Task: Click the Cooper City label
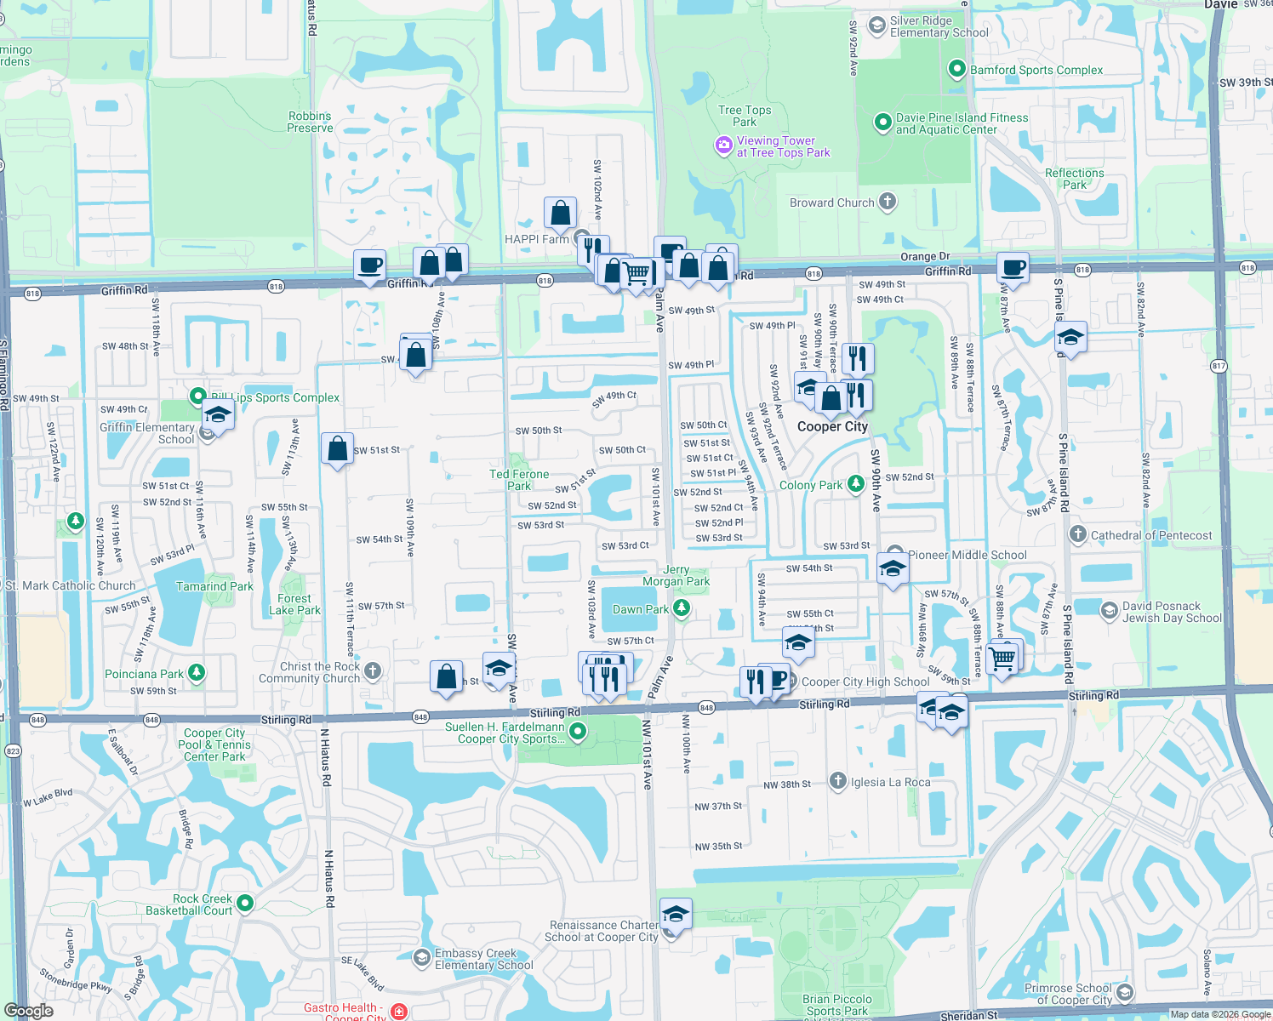832,426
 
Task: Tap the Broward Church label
831,202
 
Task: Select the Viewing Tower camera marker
724,145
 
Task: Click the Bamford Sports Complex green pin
957,69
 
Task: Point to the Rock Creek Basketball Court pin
245,903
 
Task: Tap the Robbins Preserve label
310,122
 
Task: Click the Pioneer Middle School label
968,555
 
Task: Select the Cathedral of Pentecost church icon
1078,534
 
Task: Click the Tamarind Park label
214,586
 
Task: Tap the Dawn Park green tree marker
682,607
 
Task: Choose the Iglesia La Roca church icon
838,781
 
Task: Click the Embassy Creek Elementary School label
484,959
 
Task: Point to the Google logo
28,1010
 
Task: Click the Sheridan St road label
968,1015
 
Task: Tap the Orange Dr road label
925,256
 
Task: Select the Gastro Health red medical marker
399,1011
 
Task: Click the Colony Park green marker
856,484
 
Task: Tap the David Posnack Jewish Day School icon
1109,611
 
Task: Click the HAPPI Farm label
536,239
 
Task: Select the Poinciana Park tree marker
197,673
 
